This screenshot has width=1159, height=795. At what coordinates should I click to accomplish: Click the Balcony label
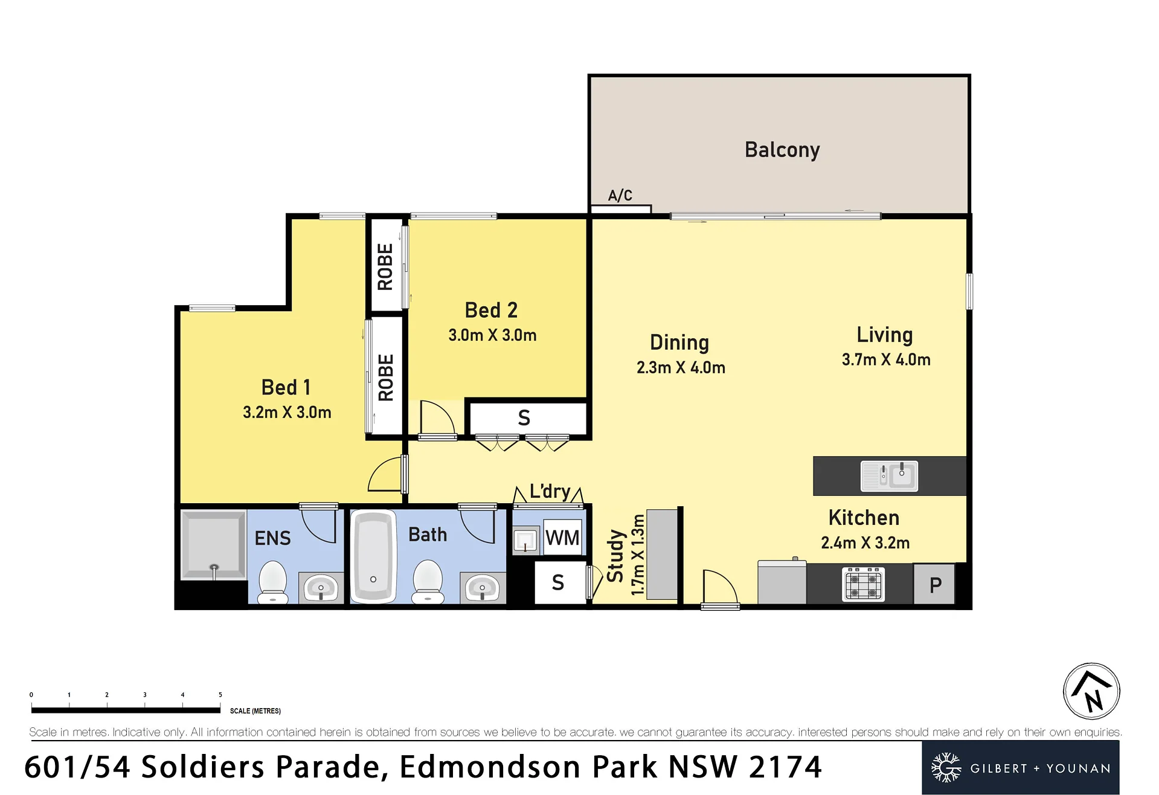(782, 150)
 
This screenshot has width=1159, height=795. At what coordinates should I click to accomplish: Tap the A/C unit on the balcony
(621, 209)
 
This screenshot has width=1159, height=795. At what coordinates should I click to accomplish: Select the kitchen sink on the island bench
(889, 475)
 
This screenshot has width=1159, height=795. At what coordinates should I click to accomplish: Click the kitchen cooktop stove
(864, 584)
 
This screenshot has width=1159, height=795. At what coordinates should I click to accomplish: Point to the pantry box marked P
(934, 584)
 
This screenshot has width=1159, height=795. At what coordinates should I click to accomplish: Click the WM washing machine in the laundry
(562, 537)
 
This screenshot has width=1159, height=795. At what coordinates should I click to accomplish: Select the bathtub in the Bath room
(373, 556)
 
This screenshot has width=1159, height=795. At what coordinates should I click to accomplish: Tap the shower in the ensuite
(213, 545)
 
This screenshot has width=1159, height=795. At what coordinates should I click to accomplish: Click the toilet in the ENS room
(273, 582)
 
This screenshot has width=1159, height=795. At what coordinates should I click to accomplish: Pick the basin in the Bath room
(482, 588)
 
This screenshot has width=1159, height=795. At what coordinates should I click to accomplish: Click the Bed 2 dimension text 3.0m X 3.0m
(492, 335)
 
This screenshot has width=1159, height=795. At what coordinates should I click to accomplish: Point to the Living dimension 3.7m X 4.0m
(886, 360)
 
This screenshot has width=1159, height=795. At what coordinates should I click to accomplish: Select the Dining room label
(679, 343)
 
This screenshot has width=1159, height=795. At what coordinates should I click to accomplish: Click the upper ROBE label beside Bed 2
(385, 266)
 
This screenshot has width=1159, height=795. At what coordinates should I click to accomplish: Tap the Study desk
(662, 555)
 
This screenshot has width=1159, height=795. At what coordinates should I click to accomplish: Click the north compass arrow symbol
(1091, 691)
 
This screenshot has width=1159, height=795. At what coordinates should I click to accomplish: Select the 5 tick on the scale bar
(220, 695)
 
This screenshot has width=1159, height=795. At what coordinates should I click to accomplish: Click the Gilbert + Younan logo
(1021, 768)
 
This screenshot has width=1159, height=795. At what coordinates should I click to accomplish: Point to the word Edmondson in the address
(490, 767)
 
